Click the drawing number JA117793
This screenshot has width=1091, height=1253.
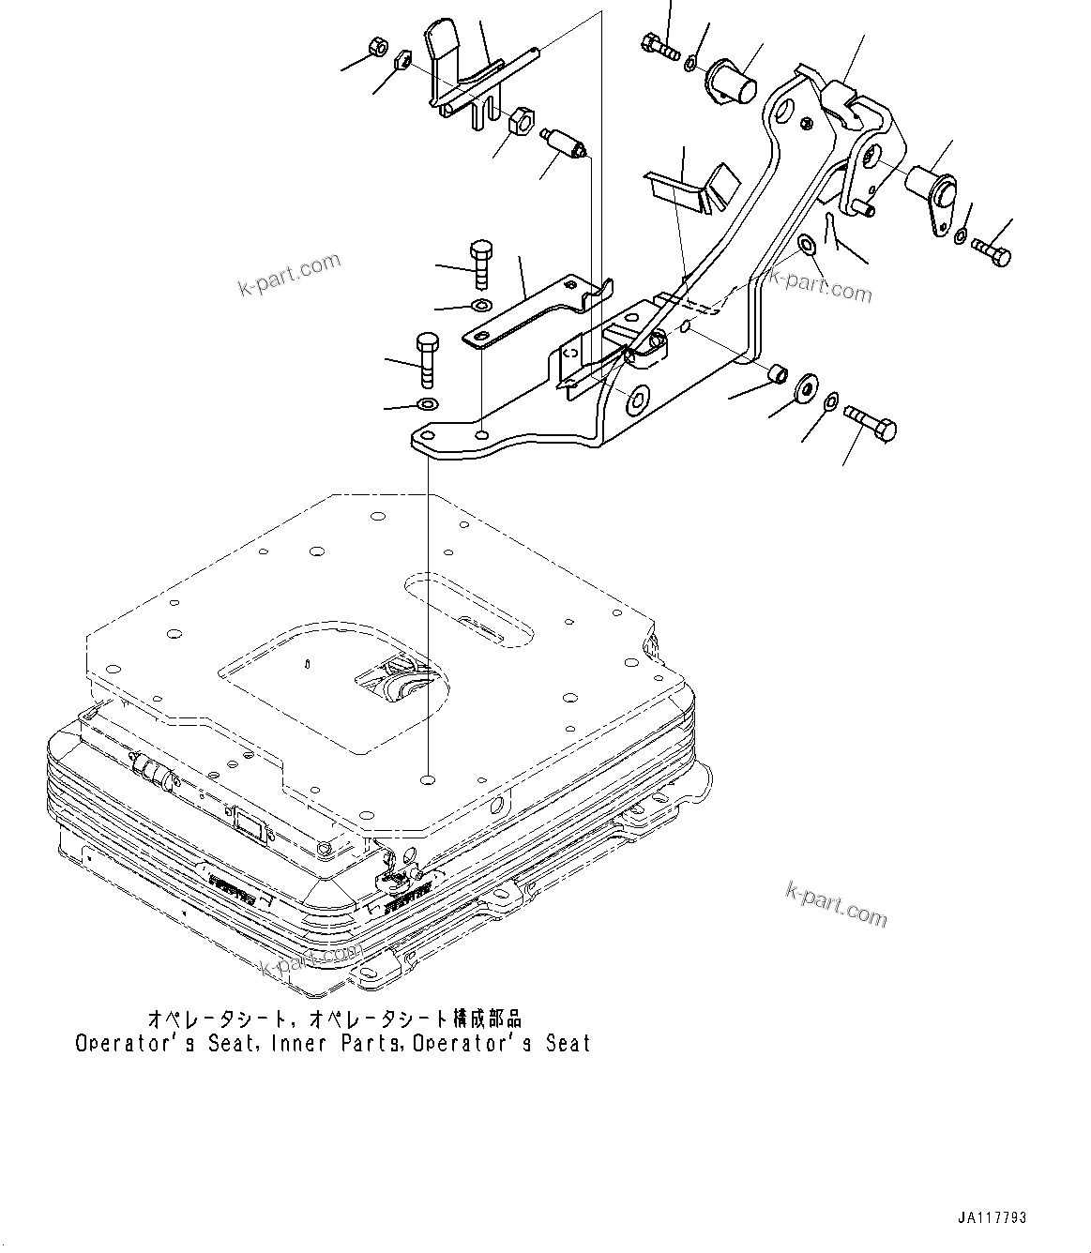(992, 1218)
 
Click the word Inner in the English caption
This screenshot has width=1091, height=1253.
(309, 1043)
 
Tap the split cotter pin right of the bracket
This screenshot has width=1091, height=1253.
(831, 228)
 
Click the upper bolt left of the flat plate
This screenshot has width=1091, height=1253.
(478, 264)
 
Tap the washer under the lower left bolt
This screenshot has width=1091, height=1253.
(427, 405)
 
